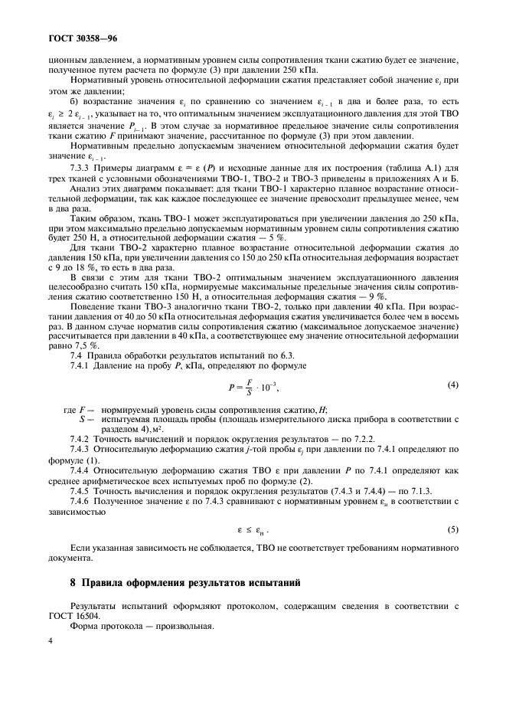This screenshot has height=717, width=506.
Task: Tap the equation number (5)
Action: click(x=452, y=529)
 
